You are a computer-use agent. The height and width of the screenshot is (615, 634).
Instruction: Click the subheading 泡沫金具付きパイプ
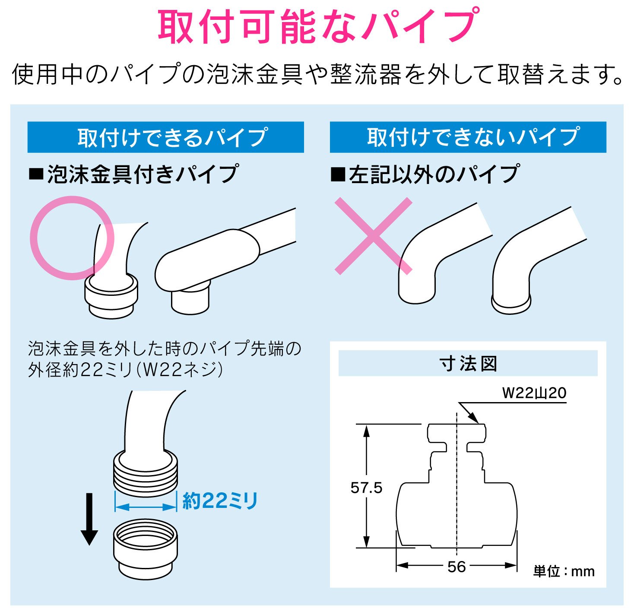[x=133, y=174]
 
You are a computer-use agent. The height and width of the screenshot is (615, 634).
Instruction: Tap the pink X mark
[x=374, y=236]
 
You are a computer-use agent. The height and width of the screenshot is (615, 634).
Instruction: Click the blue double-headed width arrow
[x=146, y=507]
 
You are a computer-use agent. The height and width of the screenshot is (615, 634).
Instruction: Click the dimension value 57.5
[x=366, y=488]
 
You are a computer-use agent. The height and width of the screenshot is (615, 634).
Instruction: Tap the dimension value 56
[x=456, y=567]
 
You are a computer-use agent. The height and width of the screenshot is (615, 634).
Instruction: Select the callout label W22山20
[x=534, y=393]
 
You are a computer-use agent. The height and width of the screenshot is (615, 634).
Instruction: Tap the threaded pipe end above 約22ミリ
[x=146, y=473]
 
